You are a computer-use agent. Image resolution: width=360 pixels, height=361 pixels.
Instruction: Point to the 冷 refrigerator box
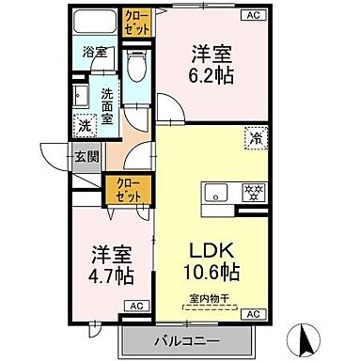pyautogui.click(x=255, y=137)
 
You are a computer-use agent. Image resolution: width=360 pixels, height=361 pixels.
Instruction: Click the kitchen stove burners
pyautogui.click(x=251, y=193)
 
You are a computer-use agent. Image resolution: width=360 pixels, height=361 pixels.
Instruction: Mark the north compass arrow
pyautogui.click(x=307, y=335)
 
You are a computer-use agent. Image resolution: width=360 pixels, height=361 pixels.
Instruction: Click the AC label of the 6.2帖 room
pyautogui.click(x=253, y=15)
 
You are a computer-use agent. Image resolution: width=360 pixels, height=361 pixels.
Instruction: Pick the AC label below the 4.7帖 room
pyautogui.click(x=135, y=306)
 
